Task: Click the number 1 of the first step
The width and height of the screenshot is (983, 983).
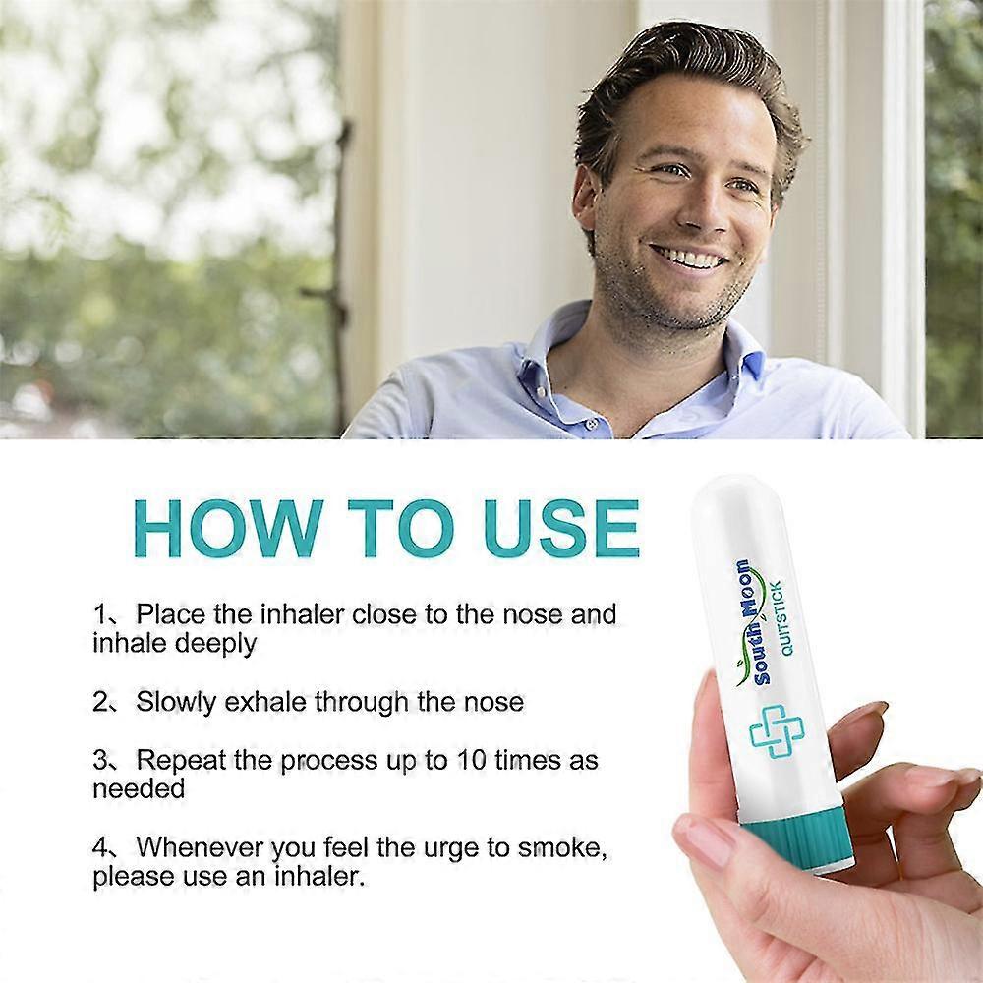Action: pos(101,615)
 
